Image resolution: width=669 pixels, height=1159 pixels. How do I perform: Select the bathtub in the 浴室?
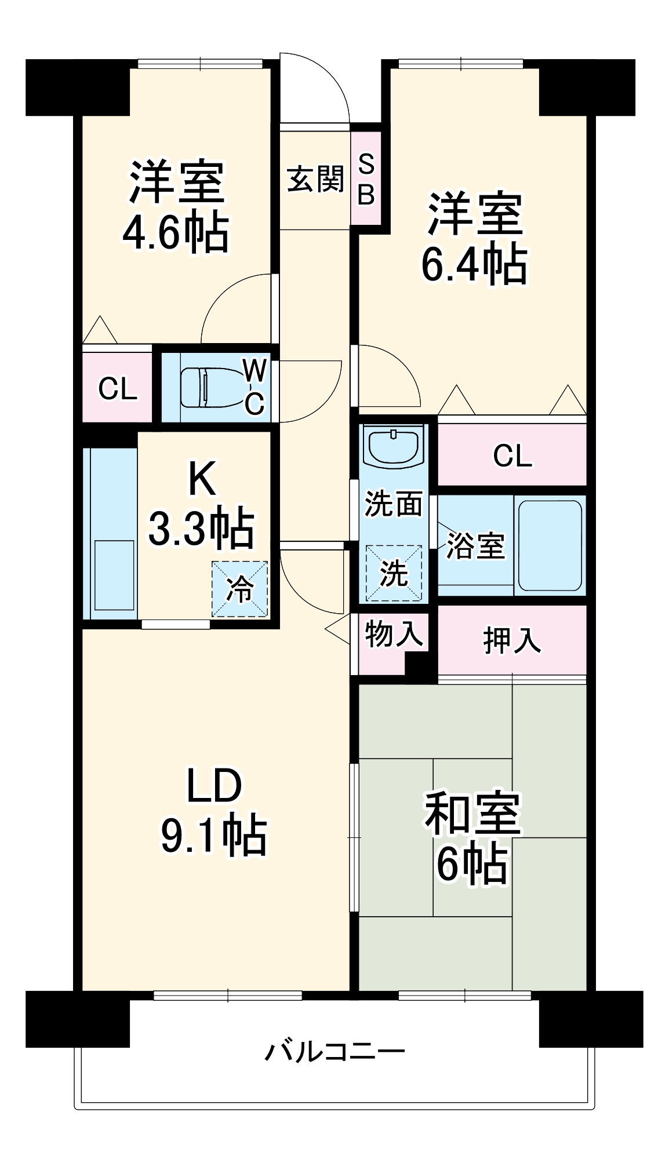(x=549, y=545)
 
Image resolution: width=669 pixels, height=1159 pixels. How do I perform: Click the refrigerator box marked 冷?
(x=239, y=589)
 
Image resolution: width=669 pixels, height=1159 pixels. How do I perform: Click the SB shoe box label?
(x=366, y=179)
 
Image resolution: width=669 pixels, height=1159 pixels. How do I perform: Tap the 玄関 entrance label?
(x=315, y=178)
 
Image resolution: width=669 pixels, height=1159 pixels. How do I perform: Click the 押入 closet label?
(x=512, y=640)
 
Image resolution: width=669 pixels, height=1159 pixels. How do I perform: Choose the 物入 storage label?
(x=393, y=633)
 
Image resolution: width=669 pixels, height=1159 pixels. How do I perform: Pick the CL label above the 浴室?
(x=512, y=456)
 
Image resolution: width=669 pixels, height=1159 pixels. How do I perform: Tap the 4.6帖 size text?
(x=176, y=233)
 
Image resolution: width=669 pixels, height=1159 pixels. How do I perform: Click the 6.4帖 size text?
(x=474, y=264)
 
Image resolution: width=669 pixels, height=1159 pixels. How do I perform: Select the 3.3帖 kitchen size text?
(x=201, y=527)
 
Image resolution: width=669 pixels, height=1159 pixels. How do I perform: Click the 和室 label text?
(x=473, y=812)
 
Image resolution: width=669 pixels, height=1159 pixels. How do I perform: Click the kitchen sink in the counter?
(x=114, y=575)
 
